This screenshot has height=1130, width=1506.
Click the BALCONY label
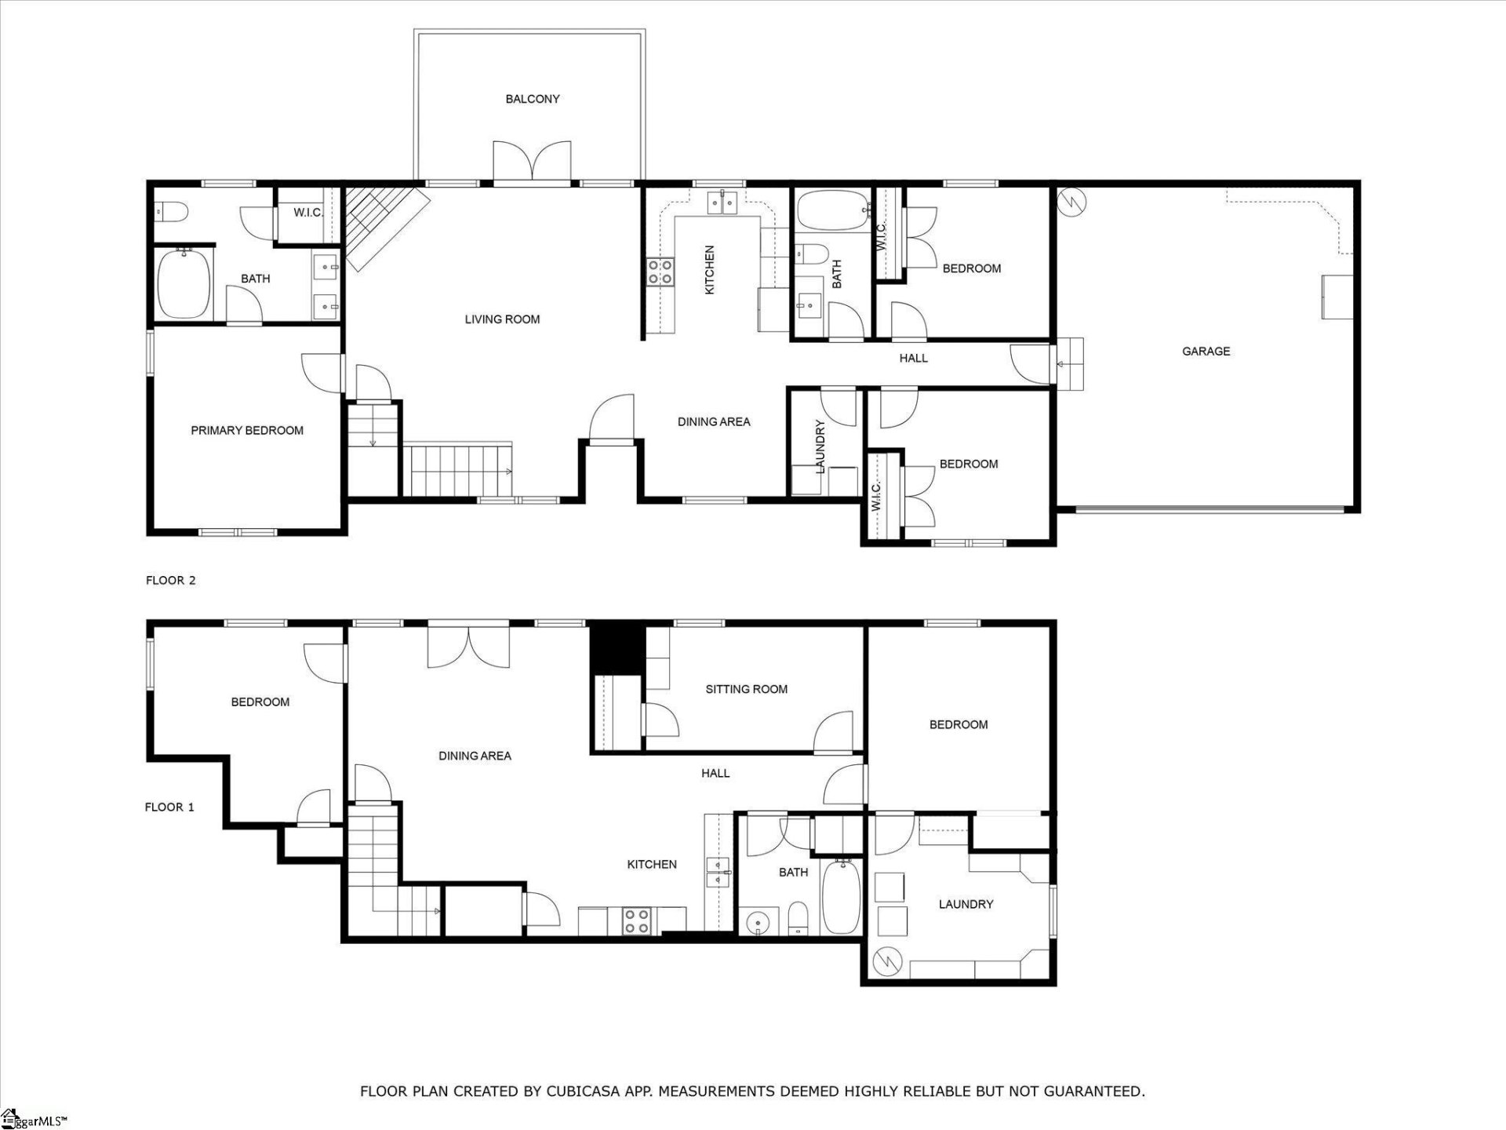click(533, 99)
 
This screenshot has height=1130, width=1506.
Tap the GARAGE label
click(1206, 352)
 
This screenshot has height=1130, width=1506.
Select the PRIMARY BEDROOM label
click(247, 431)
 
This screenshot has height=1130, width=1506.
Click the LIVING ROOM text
click(502, 319)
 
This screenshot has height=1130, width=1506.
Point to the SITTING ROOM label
click(746, 689)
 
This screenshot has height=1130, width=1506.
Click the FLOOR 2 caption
click(170, 581)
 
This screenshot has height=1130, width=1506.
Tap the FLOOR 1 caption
click(169, 807)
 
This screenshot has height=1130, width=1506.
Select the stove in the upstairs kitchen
click(660, 272)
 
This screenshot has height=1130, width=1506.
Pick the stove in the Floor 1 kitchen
click(636, 920)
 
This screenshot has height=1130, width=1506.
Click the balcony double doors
click(532, 161)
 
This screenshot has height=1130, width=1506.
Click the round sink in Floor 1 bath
click(758, 921)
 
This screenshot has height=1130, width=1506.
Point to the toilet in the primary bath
click(171, 211)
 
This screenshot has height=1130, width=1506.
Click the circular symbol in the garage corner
click(1071, 202)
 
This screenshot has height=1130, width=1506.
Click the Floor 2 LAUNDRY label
click(820, 447)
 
